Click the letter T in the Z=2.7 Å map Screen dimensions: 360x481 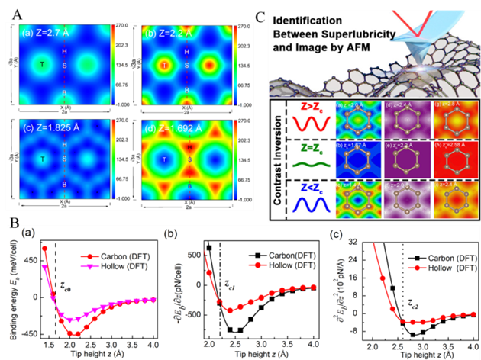41,66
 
